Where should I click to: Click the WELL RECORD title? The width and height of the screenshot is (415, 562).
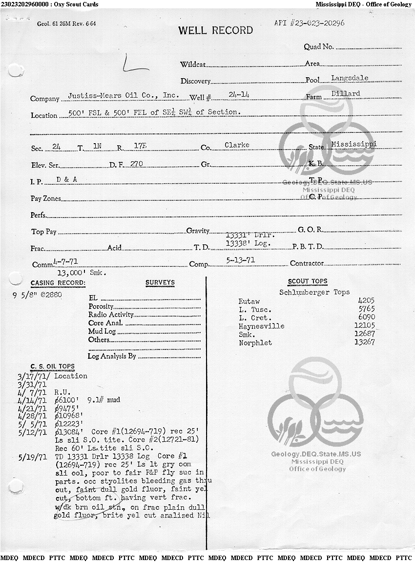[215, 30]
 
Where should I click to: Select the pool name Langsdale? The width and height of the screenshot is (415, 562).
[350, 78]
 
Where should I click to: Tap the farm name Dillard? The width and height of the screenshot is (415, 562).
[345, 93]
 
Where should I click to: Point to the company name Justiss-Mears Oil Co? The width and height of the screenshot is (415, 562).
[123, 96]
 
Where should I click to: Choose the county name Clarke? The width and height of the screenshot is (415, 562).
[237, 145]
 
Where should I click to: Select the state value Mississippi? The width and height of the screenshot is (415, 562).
[353, 144]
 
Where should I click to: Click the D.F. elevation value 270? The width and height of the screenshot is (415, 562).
[136, 164]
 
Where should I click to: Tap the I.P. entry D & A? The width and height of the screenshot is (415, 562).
[67, 179]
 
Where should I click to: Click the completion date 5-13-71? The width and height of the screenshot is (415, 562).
[241, 260]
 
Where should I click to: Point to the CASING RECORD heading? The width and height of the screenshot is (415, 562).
[58, 283]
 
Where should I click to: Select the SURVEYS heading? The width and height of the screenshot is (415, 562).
[160, 282]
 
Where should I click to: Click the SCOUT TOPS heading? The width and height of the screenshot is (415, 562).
[308, 281]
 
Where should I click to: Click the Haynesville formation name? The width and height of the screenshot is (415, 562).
[261, 326]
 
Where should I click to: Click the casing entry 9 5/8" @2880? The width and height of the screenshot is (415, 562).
[37, 295]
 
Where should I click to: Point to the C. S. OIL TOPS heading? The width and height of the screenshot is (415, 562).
[52, 366]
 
